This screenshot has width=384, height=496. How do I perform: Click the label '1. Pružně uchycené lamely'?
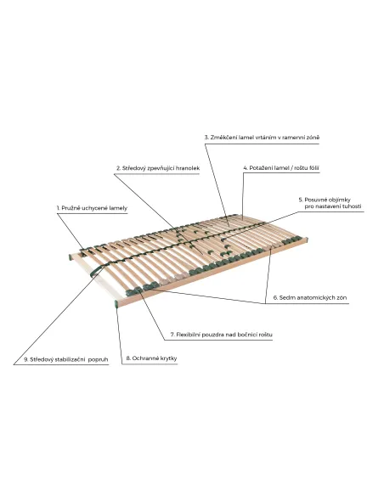92,208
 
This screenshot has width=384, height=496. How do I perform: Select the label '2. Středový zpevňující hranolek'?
158,168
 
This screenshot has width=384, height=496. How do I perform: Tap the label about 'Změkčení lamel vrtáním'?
262,138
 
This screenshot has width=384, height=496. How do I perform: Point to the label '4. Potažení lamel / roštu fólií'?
281,168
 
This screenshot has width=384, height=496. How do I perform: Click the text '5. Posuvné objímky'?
325,200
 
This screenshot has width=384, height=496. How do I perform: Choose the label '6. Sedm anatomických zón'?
310,297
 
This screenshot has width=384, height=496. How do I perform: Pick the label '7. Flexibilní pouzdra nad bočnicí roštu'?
222,335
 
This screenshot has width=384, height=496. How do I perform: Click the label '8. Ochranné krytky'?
151,358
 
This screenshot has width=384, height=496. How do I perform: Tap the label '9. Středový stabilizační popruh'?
66,359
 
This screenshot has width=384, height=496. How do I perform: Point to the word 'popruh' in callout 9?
99,360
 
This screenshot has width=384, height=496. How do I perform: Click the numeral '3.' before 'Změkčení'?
206,138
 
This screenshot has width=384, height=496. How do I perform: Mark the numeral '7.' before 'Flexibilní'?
172,335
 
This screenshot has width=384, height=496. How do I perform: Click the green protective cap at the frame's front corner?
116,304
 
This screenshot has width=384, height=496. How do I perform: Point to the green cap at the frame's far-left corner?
71,256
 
